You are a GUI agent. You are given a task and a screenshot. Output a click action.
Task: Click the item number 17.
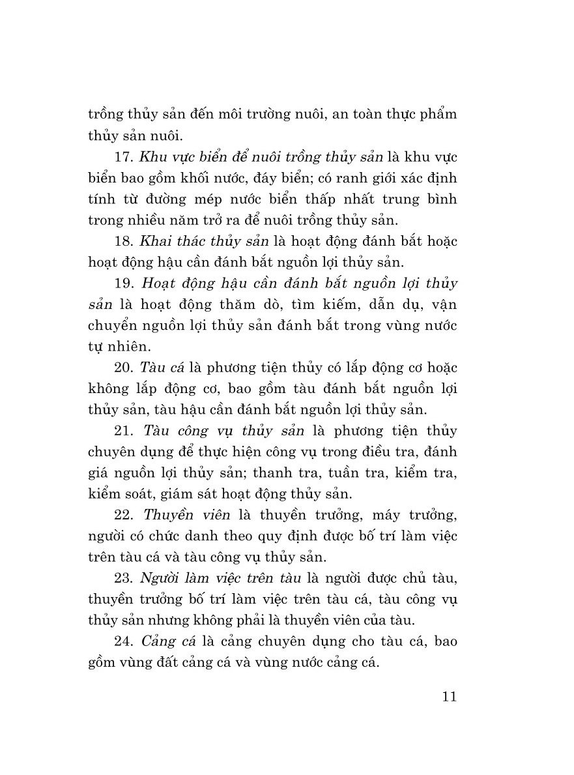[123, 159]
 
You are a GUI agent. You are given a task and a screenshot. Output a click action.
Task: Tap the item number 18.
[123, 241]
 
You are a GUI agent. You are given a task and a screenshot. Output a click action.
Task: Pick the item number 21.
[124, 431]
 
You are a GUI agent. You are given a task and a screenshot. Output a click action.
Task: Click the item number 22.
[124, 515]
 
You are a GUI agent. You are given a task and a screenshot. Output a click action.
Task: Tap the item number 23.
[124, 578]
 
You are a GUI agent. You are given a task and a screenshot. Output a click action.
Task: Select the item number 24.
[124, 640]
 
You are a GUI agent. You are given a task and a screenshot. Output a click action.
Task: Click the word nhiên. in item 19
[133, 345]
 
